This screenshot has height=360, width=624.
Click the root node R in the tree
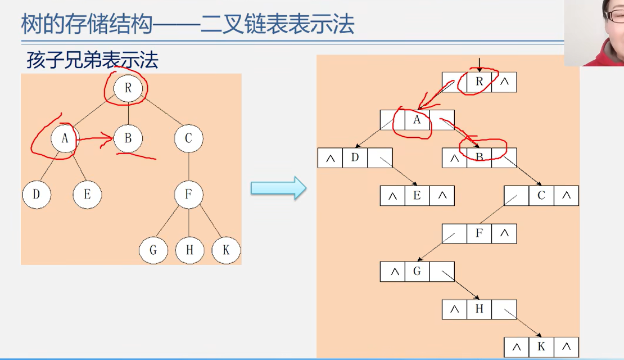(128, 88)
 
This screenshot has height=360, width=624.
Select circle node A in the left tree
(65, 138)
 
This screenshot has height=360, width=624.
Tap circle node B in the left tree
(128, 138)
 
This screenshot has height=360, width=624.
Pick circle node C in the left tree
(188, 138)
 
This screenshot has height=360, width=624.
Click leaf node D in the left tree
(37, 195)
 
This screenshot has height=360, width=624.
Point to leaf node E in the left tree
(87, 195)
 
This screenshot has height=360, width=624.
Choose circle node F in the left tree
(188, 195)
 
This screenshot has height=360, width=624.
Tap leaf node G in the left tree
(153, 250)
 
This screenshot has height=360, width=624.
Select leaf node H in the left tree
(189, 250)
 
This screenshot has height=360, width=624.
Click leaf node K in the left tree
(226, 250)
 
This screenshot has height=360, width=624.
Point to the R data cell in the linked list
(479, 82)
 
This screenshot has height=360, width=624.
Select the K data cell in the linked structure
(541, 346)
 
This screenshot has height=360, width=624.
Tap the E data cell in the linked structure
(417, 195)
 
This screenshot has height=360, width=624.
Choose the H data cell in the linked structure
(479, 309)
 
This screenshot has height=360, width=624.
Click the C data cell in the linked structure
(541, 195)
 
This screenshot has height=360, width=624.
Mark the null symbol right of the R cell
(504, 82)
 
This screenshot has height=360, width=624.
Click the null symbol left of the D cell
(330, 158)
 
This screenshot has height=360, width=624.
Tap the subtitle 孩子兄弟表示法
(92, 60)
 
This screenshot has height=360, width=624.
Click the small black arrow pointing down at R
(479, 64)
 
